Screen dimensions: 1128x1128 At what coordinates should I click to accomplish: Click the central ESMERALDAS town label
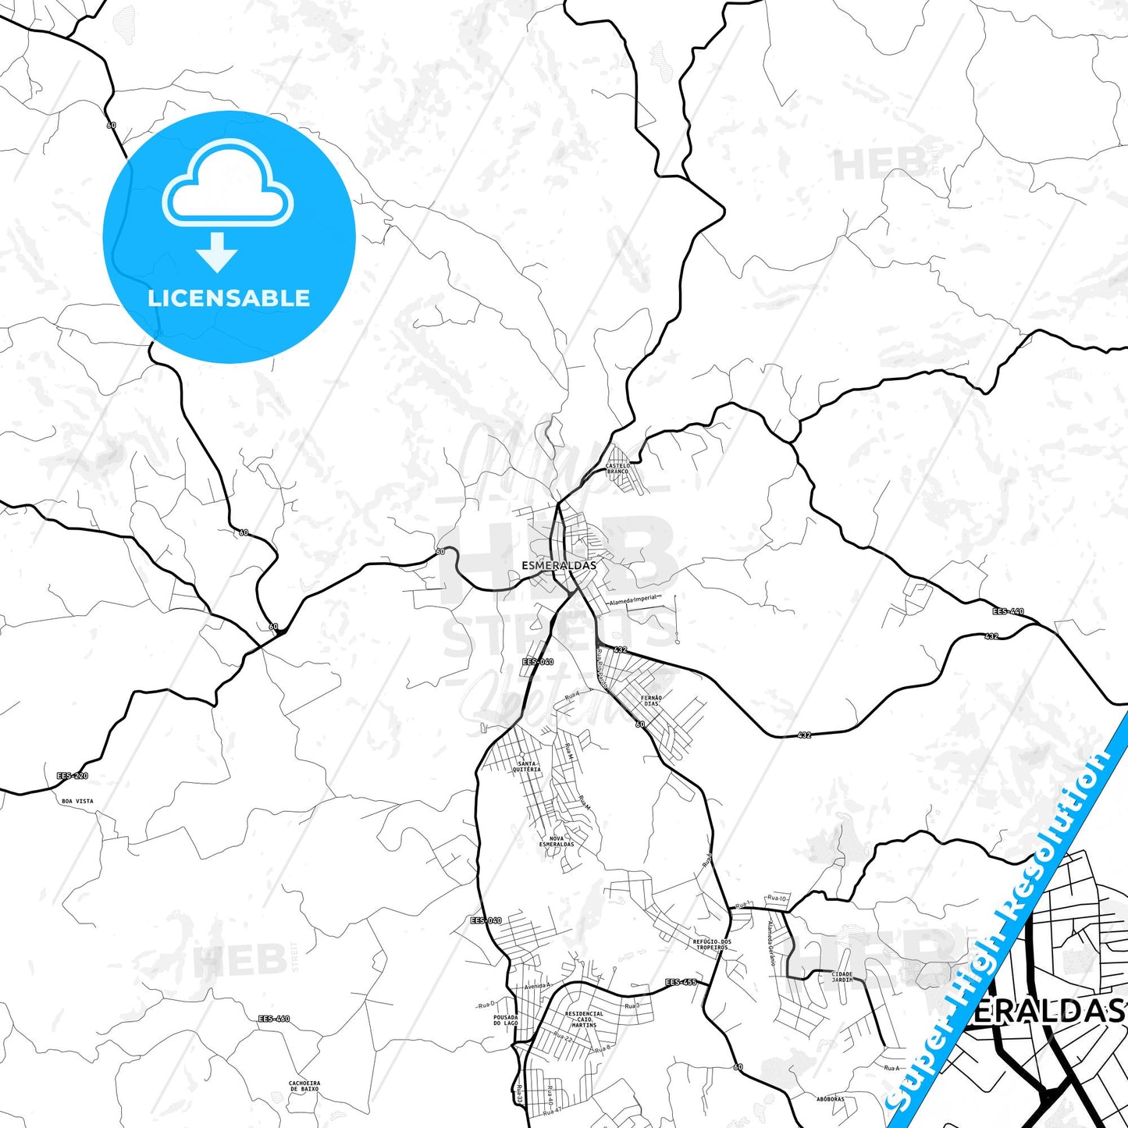tap(558, 565)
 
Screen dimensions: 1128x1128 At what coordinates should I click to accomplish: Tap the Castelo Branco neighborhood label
tap(617, 468)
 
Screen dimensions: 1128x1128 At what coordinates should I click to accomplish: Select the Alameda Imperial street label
tap(634, 599)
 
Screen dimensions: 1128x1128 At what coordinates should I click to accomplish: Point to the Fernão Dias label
tap(651, 700)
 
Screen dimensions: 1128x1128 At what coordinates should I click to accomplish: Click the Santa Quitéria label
tap(526, 767)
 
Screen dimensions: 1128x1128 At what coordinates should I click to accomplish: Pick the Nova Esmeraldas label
tap(557, 842)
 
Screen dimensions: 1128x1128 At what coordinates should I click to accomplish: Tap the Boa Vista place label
tap(77, 801)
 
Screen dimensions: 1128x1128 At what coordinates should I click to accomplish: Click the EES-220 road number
tap(73, 776)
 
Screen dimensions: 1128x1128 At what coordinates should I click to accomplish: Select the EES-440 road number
tap(1008, 611)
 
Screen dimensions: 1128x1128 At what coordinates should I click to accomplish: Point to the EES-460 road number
tap(274, 1019)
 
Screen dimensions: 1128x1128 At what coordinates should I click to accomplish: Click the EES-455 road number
tap(681, 982)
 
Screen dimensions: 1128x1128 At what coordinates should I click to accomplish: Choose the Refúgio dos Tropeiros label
tap(712, 945)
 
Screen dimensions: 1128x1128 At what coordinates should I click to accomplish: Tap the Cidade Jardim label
tap(842, 977)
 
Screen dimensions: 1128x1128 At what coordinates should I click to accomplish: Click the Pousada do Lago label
tap(506, 1019)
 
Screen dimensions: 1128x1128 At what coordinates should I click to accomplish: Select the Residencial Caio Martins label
tap(584, 1019)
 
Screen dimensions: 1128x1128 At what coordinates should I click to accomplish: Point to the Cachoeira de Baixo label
tap(304, 1086)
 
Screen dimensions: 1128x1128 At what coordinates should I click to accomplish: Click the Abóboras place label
tap(831, 1099)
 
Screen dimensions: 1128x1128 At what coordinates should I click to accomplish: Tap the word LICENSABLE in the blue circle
tap(229, 298)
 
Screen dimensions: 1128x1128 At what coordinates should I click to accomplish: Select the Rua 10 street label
tap(777, 898)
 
